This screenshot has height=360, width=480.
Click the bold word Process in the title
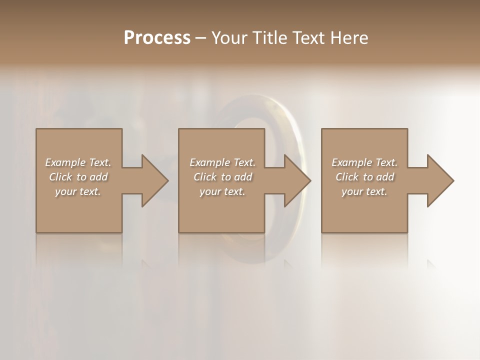(x=157, y=37)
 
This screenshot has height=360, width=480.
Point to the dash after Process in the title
(x=201, y=38)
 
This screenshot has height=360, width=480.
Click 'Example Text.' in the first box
(x=78, y=162)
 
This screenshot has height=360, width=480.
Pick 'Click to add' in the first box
(x=78, y=177)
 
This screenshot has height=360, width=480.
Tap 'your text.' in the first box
(x=78, y=191)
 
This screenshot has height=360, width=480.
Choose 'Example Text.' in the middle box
(x=222, y=162)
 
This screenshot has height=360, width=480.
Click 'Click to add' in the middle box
(x=222, y=177)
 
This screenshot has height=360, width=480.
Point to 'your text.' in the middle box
(x=222, y=191)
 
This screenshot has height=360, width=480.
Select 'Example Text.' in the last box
(x=364, y=162)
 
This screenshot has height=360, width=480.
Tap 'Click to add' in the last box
(x=364, y=177)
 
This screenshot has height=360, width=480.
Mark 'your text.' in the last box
(x=364, y=191)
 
